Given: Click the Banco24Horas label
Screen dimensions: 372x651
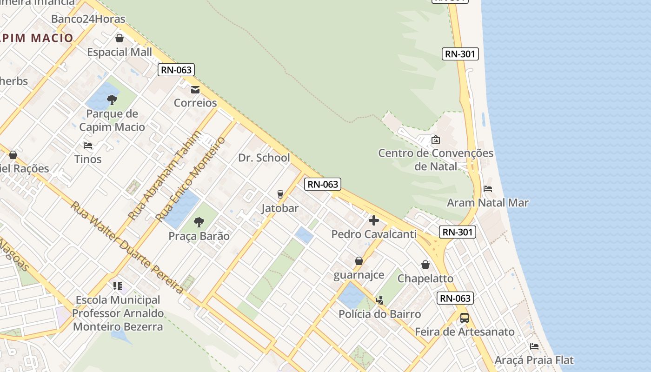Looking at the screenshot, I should [x=88, y=19].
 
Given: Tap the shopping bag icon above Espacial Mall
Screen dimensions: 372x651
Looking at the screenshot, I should [x=120, y=38].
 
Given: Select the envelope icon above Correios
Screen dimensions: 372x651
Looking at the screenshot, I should [x=195, y=89].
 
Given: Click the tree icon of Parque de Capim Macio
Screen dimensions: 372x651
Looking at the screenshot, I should [x=112, y=100].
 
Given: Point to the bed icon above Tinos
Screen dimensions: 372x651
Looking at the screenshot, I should [x=88, y=146].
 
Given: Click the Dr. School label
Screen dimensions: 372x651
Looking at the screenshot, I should [x=264, y=158].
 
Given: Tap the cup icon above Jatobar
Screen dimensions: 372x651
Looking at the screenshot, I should [x=280, y=194].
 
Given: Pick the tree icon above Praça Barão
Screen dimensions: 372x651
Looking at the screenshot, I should [x=199, y=222].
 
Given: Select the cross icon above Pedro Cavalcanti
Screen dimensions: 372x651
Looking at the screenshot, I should [x=374, y=220].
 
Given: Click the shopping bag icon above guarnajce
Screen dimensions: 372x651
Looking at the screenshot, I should [x=359, y=261].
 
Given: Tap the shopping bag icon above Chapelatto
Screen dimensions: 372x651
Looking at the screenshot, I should [x=425, y=265].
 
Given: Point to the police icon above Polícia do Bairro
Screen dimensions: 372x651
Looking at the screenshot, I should [x=380, y=300].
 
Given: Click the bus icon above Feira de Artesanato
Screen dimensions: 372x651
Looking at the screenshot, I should [x=464, y=318].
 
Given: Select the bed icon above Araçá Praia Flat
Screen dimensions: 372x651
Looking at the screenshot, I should [x=534, y=346].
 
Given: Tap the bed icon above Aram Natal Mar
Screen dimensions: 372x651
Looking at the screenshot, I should [x=488, y=189].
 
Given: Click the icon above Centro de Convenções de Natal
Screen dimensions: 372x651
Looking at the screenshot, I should [x=436, y=139].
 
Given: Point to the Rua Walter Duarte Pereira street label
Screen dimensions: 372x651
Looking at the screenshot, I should [x=127, y=247].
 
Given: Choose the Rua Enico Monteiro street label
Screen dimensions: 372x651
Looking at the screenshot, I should [x=191, y=179].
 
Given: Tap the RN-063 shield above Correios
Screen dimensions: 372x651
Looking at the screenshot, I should [x=176, y=70].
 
